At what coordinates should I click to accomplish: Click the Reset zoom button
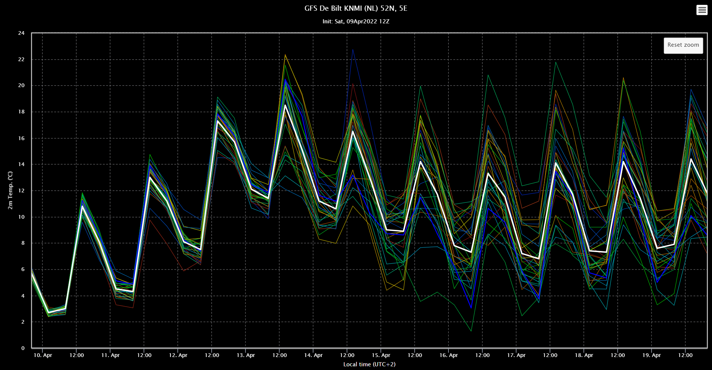pyautogui.click(x=683, y=45)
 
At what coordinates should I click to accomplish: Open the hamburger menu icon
pyautogui.click(x=702, y=10)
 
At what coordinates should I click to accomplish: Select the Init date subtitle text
pyautogui.click(x=356, y=22)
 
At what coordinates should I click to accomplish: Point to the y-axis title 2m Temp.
pyautogui.click(x=10, y=190)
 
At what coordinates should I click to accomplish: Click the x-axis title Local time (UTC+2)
pyautogui.click(x=369, y=364)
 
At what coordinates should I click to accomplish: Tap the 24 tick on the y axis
pyautogui.click(x=21, y=33)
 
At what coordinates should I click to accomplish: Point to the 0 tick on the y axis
pyautogui.click(x=23, y=348)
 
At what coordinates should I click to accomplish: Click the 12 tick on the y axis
pyautogui.click(x=21, y=191)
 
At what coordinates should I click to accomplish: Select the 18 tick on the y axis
pyautogui.click(x=21, y=112)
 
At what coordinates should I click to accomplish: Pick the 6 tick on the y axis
pyautogui.click(x=23, y=270)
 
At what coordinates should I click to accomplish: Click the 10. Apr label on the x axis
pyautogui.click(x=43, y=355)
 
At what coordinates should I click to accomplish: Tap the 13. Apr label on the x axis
pyautogui.click(x=245, y=355)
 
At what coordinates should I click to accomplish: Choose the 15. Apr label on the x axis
pyautogui.click(x=381, y=355)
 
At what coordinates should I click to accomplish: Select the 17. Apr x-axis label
pyautogui.click(x=516, y=355)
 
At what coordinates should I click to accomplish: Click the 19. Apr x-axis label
pyautogui.click(x=652, y=355)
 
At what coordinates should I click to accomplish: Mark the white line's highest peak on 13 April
pyautogui.click(x=285, y=105)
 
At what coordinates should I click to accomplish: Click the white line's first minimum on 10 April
pyautogui.click(x=49, y=313)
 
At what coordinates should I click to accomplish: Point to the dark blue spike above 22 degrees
pyautogui.click(x=353, y=50)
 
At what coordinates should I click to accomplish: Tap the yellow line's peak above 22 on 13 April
pyautogui.click(x=285, y=54)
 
